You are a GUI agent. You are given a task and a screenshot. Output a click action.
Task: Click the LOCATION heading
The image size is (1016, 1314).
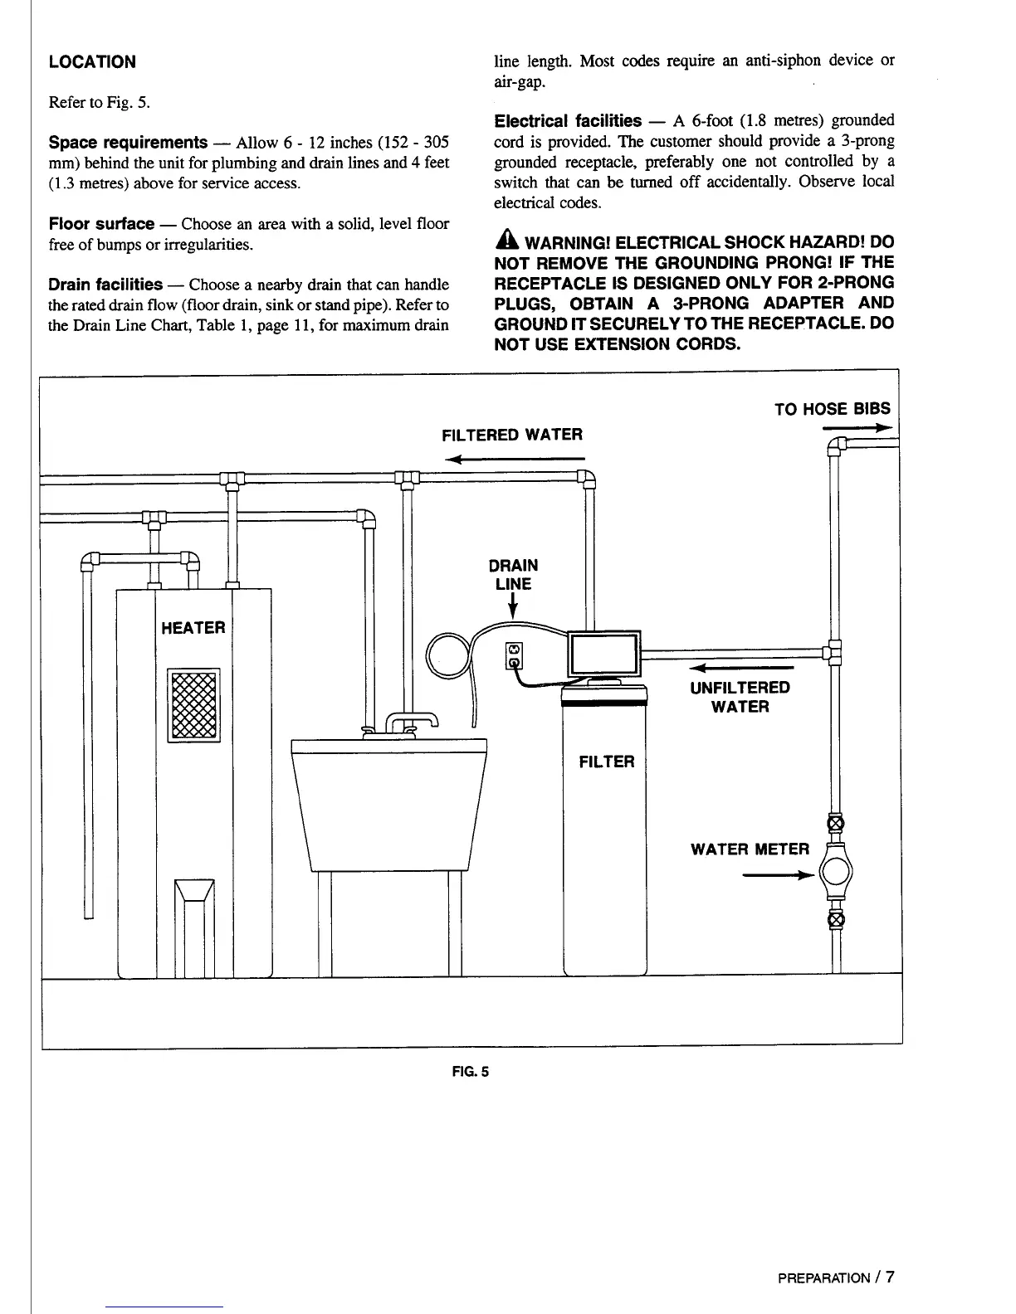[x=91, y=62]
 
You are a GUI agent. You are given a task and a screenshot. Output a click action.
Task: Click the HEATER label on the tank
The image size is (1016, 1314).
[x=193, y=628]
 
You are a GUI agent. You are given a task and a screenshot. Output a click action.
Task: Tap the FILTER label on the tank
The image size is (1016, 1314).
[x=606, y=762]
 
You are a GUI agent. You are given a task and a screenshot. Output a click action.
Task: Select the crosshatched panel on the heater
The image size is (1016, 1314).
[x=193, y=705]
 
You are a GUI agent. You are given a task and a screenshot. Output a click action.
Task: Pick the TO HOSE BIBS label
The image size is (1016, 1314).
[x=832, y=409]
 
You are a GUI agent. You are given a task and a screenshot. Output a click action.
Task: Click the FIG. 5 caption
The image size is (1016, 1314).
[x=471, y=1071]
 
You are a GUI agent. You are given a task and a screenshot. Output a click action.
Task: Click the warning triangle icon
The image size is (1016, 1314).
[x=506, y=242]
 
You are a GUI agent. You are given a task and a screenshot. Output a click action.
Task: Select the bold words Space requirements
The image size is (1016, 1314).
[x=127, y=142]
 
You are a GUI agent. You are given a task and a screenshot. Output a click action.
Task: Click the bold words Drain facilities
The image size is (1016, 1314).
[x=105, y=285]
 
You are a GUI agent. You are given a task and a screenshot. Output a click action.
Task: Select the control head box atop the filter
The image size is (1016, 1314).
[x=603, y=654]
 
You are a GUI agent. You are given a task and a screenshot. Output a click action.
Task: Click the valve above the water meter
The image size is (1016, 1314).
[x=836, y=823]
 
